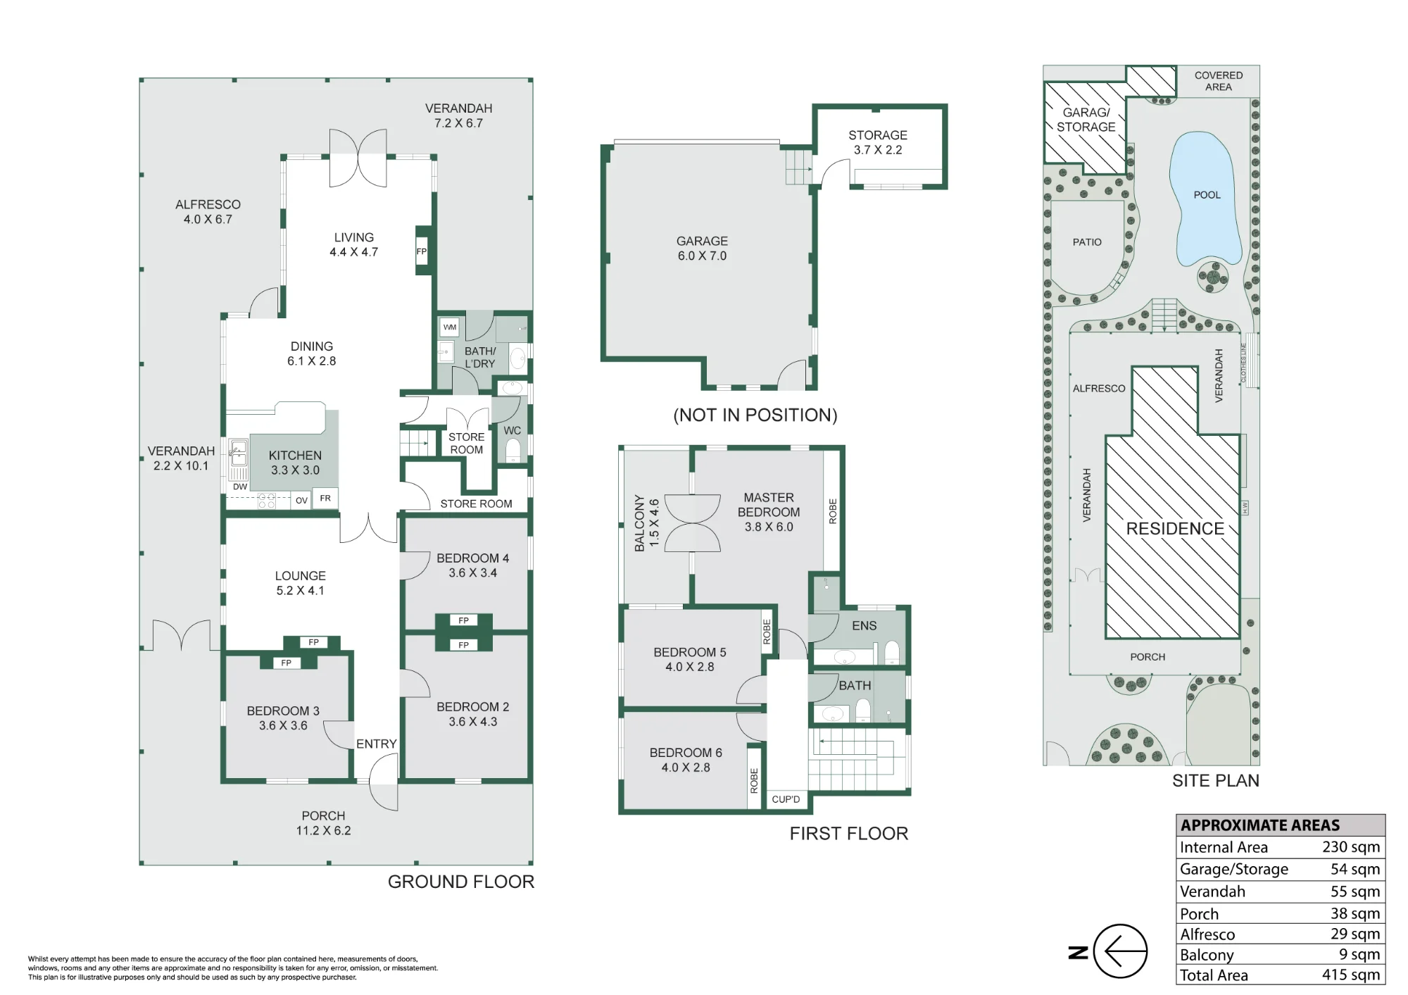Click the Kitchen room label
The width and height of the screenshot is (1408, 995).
295,463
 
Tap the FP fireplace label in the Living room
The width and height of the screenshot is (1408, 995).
422,251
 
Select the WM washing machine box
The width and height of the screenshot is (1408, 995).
450,327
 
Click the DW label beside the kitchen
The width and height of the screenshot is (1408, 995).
240,487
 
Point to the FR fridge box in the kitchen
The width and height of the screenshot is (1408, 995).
325,498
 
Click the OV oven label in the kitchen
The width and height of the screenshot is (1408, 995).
301,501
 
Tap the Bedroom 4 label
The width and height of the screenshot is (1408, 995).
472,565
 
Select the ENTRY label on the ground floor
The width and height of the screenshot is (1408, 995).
377,744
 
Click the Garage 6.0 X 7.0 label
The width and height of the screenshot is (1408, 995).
702,249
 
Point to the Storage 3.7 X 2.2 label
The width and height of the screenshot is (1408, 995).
878,142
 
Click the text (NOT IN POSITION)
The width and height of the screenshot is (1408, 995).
755,415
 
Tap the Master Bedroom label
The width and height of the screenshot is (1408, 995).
769,512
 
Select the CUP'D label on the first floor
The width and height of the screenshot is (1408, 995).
786,799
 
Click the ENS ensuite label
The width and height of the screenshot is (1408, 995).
865,625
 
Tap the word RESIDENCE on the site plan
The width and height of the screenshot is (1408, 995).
1175,529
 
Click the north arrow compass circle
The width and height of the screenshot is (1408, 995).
1121,951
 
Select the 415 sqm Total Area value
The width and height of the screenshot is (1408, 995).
1351,975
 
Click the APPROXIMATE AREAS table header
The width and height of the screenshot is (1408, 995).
1260,825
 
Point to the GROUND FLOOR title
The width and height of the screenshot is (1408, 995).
461,882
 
